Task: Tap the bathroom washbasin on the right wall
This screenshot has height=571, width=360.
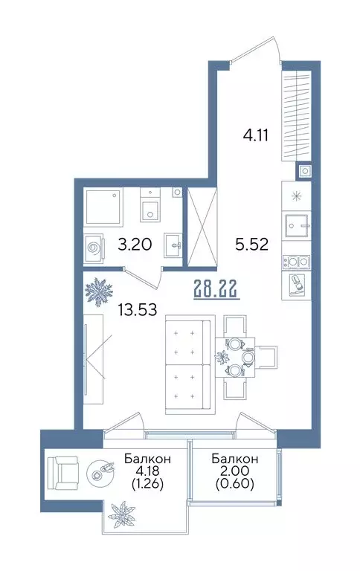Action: pyautogui.click(x=174, y=242)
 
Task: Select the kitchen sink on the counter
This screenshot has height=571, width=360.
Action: pyautogui.click(x=296, y=225)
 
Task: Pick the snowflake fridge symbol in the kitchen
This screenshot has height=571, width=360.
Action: pyautogui.click(x=296, y=196)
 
